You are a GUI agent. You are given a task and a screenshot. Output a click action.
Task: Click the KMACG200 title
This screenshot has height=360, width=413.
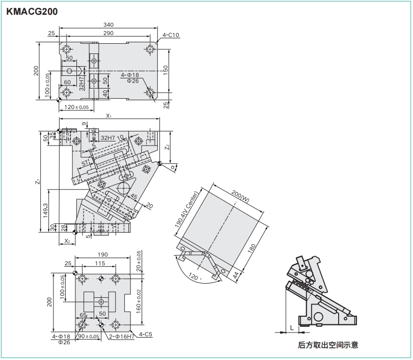pyautogui.click(x=32, y=11)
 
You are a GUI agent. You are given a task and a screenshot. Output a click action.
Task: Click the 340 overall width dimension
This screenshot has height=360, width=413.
pyautogui.click(x=108, y=24)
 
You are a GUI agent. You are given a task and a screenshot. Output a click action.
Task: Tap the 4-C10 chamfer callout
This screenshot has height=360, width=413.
pyautogui.click(x=171, y=35)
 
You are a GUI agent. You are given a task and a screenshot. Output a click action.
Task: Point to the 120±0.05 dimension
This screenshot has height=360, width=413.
pyautogui.click(x=77, y=107)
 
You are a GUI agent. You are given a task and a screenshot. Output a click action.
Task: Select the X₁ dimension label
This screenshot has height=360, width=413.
pyautogui.click(x=108, y=116)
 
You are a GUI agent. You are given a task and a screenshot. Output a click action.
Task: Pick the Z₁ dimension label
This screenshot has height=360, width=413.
pyautogui.click(x=38, y=182)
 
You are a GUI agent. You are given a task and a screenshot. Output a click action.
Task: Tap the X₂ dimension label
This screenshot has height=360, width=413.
pyautogui.click(x=67, y=241)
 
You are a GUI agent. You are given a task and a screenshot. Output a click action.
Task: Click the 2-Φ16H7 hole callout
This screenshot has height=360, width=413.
pyautogui.click(x=121, y=336)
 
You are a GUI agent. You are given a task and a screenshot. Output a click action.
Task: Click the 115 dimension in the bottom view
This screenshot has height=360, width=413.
pyautogui.click(x=99, y=263)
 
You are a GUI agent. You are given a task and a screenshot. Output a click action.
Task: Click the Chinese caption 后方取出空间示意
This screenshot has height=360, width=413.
pyautogui.click(x=328, y=345)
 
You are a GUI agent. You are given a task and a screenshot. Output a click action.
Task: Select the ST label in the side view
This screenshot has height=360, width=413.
pyautogui.click(x=85, y=163)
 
